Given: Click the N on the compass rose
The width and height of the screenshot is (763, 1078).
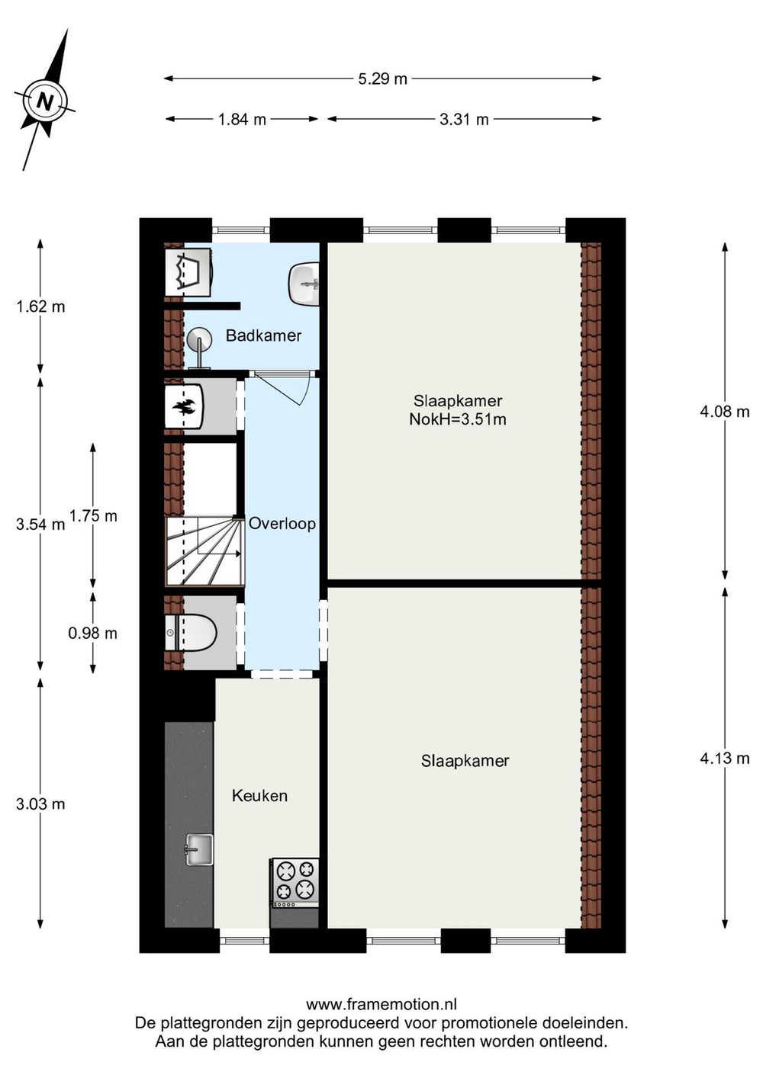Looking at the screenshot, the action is (45, 102).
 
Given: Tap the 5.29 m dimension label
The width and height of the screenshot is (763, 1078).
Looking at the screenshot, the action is (382, 79).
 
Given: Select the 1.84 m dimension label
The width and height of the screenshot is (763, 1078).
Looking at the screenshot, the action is (242, 120).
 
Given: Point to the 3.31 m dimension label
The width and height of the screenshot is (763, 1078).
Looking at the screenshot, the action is (464, 120).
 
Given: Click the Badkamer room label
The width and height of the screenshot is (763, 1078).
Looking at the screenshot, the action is (263, 335).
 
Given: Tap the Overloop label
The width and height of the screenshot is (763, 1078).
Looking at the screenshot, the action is (282, 524).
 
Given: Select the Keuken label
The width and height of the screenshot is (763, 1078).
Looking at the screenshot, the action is (259, 795).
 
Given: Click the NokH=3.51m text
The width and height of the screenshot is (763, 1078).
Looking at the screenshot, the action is (458, 419).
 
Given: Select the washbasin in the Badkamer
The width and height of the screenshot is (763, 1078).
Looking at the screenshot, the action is (304, 284).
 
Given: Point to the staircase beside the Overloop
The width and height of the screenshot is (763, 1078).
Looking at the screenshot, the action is (204, 551).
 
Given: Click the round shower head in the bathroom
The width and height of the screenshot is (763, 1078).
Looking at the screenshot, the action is (199, 338).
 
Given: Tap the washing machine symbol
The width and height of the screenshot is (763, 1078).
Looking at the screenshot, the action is (188, 272).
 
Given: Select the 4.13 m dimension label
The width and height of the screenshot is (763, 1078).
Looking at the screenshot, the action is (724, 759).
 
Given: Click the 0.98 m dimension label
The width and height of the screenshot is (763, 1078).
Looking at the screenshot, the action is (92, 634).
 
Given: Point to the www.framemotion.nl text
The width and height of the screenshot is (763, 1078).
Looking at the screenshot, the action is (381, 1004).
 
